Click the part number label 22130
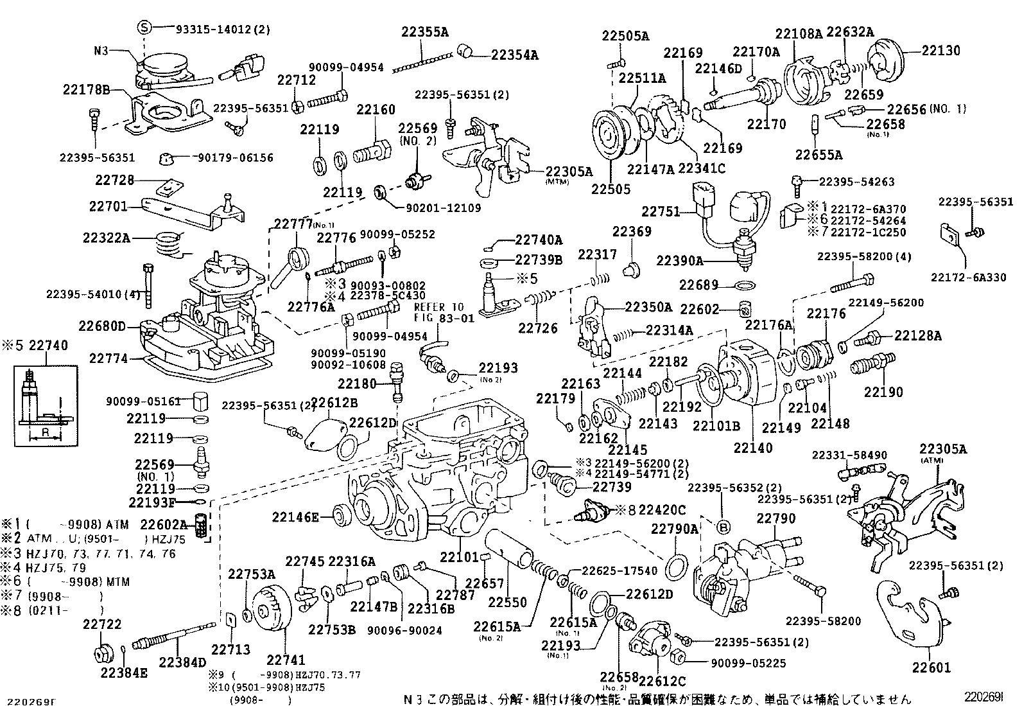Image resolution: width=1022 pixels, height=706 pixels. tap(941, 50)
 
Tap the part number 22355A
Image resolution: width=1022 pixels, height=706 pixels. tap(425, 31)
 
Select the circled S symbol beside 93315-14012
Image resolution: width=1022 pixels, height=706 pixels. tap(145, 28)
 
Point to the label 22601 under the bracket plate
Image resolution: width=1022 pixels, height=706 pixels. tap(931, 668)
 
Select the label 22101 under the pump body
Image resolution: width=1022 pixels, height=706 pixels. tap(460, 556)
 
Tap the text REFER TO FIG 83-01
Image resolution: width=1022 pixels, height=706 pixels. tap(438, 312)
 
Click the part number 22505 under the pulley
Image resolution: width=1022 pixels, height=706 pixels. tap(611, 190)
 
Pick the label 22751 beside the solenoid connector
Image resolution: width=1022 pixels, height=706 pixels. tap(661, 211)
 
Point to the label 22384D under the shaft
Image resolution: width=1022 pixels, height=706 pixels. tap(182, 662)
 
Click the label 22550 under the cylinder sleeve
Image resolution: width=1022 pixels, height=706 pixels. tap(507, 602)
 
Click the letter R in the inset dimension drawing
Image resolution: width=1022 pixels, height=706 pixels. tap(46, 432)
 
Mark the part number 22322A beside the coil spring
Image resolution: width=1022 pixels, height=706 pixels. tap(107, 238)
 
